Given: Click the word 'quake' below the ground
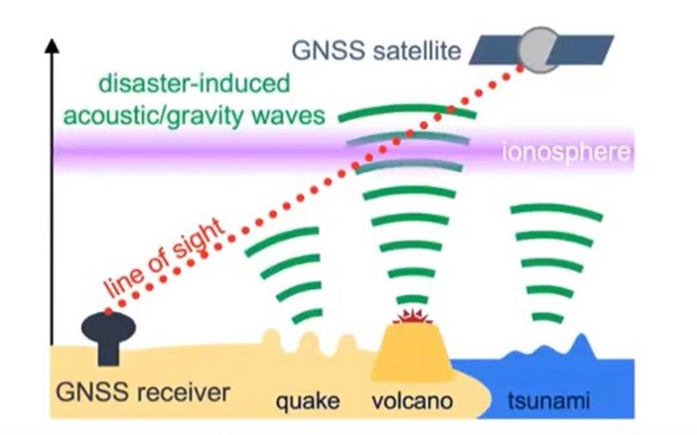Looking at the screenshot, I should coord(307,400).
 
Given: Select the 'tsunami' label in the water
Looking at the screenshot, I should coord(548,400).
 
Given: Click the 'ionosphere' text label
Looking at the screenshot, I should coord(566,153).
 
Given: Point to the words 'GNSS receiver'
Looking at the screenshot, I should coord(143,393).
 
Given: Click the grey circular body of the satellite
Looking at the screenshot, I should coord(540,50).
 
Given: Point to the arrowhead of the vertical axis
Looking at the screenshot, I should coord(52,46).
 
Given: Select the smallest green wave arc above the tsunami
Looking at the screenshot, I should coord(547,317).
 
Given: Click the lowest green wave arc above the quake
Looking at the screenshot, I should coord(308,316).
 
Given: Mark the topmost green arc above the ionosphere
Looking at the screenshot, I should coord(407,112).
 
